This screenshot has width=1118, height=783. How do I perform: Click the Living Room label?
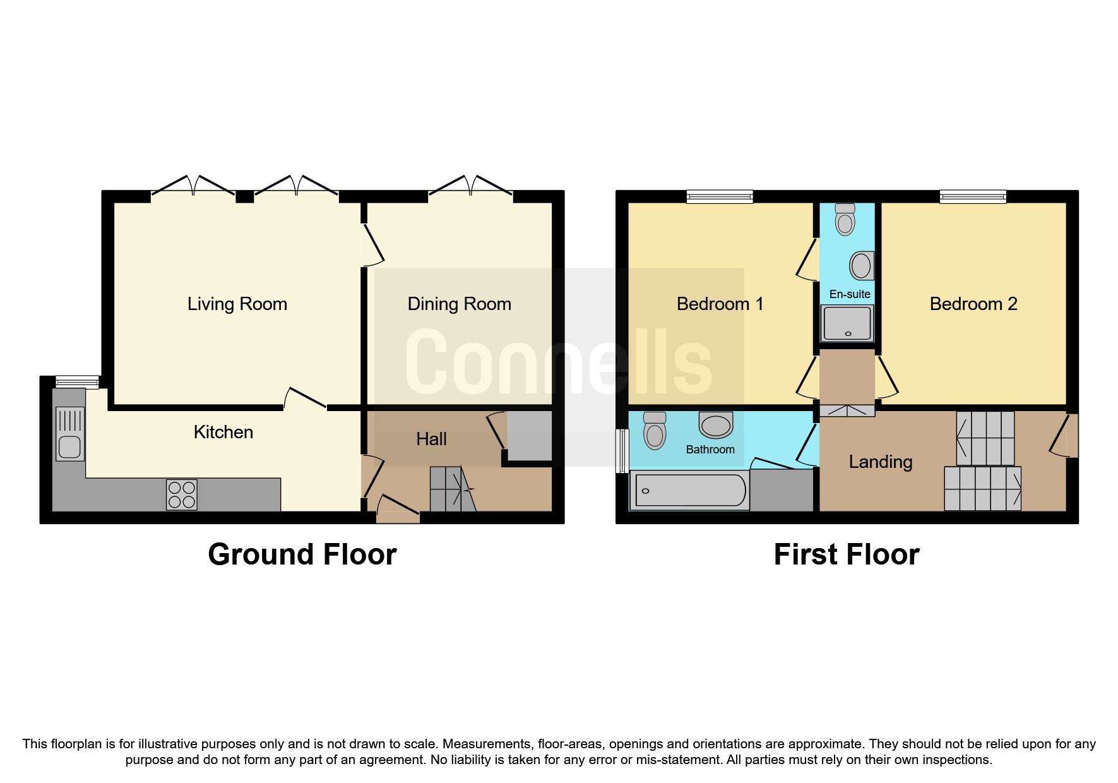[237, 304]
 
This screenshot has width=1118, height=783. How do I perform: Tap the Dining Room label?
[460, 304]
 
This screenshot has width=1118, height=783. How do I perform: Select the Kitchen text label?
[223, 432]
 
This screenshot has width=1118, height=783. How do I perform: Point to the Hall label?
[432, 439]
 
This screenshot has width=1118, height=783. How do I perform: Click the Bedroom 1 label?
[720, 304]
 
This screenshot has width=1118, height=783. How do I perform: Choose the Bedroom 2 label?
[973, 304]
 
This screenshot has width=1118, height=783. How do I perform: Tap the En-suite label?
[850, 294]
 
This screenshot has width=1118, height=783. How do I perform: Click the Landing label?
[881, 462]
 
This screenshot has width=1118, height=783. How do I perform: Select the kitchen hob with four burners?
[182, 494]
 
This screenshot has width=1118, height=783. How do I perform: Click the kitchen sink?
[69, 434]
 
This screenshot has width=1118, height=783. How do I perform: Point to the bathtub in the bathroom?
[690, 490]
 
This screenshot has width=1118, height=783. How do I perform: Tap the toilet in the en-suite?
[845, 218]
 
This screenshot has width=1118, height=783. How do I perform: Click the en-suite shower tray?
[847, 323]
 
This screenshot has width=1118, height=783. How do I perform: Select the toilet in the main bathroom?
[655, 431]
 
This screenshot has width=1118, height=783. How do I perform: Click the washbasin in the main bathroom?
[716, 425]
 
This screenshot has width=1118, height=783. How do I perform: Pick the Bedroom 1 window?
[720, 197]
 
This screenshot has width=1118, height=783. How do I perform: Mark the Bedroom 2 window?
[973, 197]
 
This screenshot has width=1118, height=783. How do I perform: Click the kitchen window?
[77, 382]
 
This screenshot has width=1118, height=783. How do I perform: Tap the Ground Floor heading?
[302, 554]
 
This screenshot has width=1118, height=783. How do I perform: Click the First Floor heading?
[847, 554]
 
